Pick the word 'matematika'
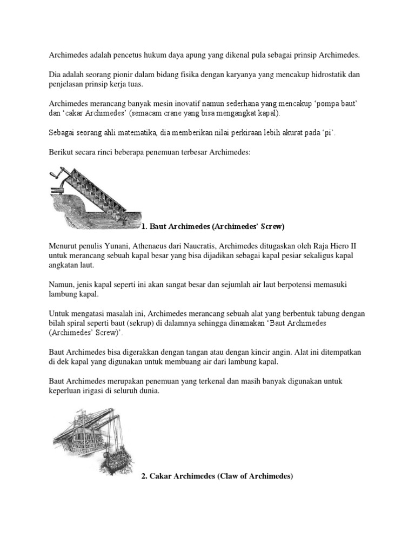(128, 133)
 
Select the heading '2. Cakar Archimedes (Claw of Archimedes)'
(217, 476)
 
